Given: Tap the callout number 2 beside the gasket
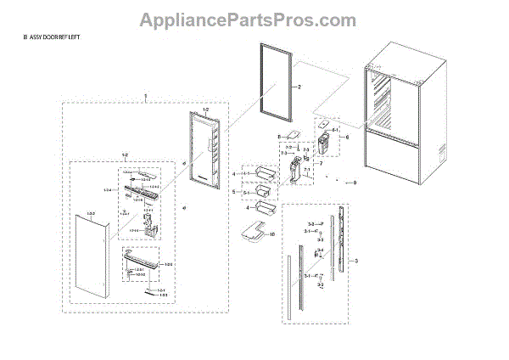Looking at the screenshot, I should pos(299,87).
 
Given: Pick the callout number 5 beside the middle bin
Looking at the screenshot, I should pos(235,193).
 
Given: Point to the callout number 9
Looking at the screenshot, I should pos(355,183).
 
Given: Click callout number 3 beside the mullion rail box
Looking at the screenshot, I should pos(357,260).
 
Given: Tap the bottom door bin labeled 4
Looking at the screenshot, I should pos(261,210).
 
